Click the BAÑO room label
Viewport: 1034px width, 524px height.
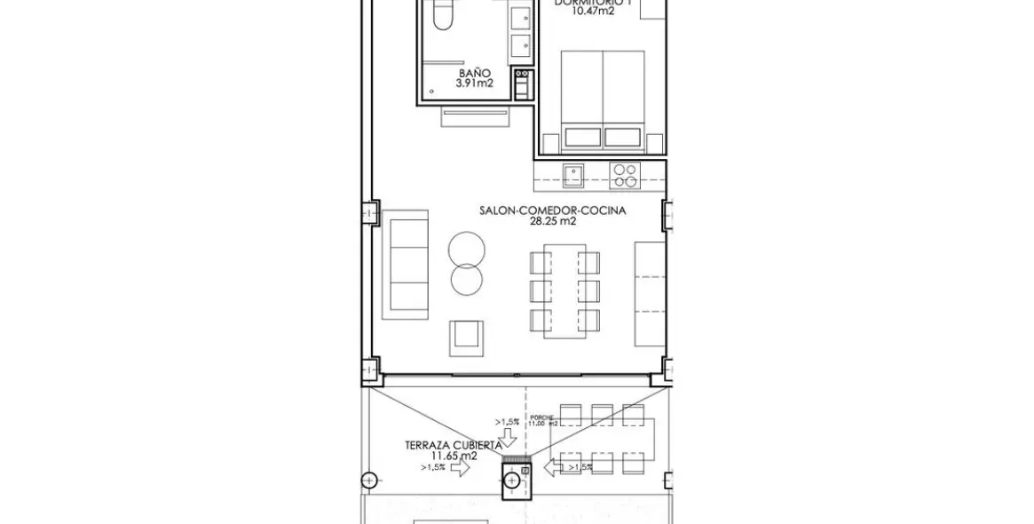coord(475,74)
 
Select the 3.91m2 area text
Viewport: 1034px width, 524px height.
coord(475,84)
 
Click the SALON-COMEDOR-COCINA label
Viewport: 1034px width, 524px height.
coord(553,210)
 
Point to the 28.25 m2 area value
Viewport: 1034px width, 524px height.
coord(553,222)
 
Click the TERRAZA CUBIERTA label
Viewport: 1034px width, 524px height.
coord(453,445)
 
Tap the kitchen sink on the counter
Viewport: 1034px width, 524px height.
coord(573,174)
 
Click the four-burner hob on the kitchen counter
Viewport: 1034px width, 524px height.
coord(623,174)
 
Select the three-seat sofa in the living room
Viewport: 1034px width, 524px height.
coord(407,266)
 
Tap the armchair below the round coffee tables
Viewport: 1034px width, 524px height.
coord(467,336)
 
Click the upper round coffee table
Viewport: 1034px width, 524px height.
coord(467,247)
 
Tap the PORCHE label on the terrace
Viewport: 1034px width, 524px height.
coord(542,417)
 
